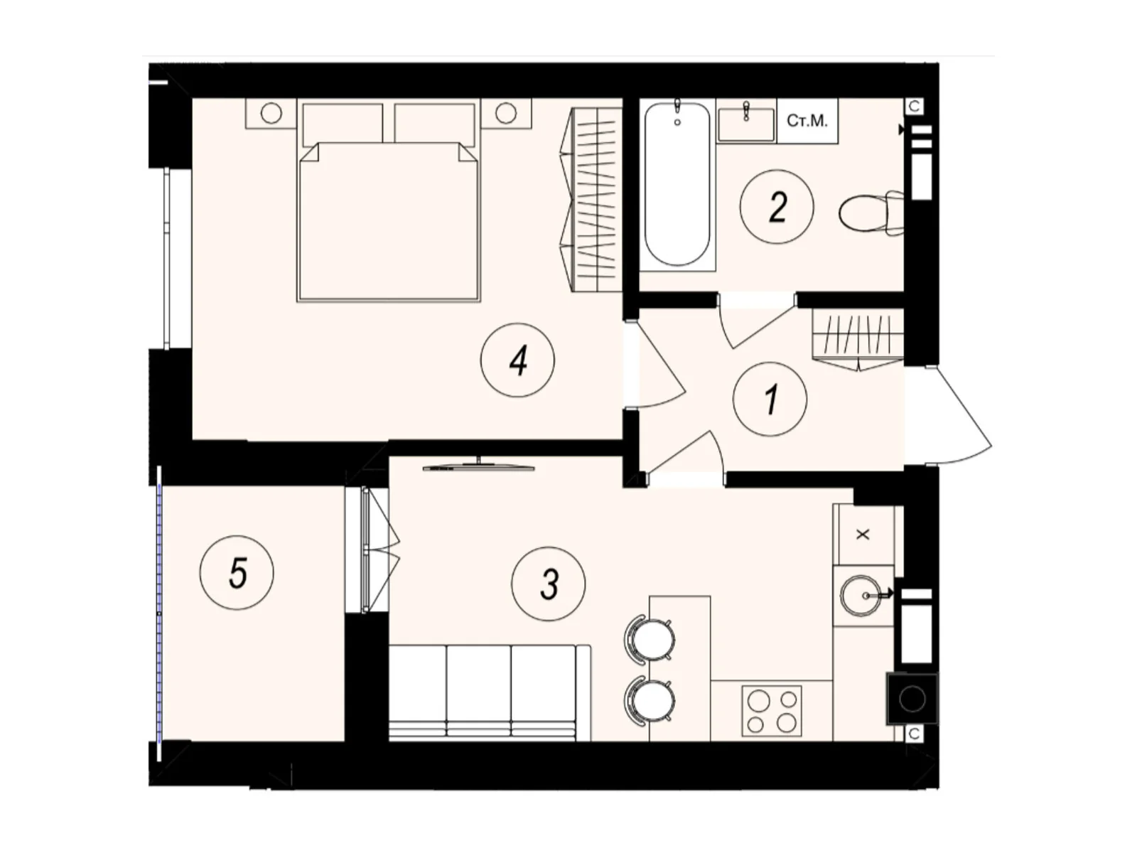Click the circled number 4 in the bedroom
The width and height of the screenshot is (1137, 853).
[x=517, y=360]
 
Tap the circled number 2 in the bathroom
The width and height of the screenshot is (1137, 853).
[x=777, y=207]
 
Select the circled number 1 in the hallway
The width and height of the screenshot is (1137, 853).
[x=770, y=399]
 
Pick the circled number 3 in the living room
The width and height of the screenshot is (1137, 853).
[x=548, y=584]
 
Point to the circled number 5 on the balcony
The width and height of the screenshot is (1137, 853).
[x=237, y=572]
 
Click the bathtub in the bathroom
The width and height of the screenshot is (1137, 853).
[x=677, y=184]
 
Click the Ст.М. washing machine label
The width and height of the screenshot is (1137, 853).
[x=807, y=121]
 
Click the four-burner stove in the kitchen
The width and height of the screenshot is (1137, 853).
[x=771, y=711]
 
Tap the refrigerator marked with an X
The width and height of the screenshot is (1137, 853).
[x=863, y=535]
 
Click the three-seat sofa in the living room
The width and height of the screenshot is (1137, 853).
[x=490, y=692]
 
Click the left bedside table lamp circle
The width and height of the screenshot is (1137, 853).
[x=271, y=113]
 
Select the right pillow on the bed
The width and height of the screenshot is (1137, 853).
[x=435, y=122]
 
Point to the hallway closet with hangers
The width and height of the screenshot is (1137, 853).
[x=858, y=340]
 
